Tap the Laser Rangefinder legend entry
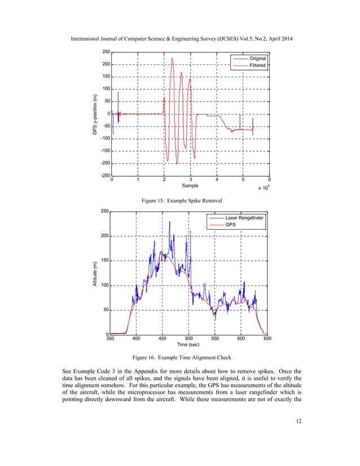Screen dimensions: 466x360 coord(245,218)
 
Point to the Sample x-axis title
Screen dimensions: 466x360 coord(191,184)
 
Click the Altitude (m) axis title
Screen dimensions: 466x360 coord(96,274)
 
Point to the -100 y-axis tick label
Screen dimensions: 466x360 coord(105,138)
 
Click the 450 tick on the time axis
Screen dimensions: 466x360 coord(163,338)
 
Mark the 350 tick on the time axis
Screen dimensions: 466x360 coord(111,338)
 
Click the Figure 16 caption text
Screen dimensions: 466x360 coord(179,357)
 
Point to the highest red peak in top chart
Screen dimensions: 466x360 coord(172,59)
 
